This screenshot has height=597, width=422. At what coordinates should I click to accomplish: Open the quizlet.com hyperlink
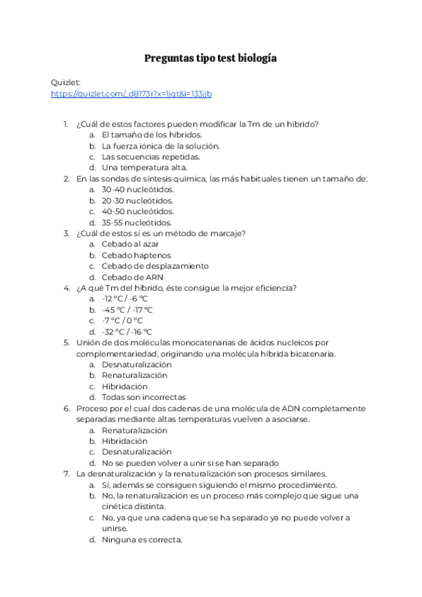(132, 94)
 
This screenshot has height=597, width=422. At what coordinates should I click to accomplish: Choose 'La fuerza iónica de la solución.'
(160, 146)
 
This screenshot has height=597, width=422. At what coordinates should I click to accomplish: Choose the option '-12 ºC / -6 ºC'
(124, 298)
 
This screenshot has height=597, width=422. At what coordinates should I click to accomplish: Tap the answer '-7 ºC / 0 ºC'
(122, 320)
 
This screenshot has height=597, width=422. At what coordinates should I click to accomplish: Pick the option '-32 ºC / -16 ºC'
(127, 332)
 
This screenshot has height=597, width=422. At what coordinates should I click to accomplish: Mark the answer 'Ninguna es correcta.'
(141, 540)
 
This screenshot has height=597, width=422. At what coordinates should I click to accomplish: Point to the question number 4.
(66, 288)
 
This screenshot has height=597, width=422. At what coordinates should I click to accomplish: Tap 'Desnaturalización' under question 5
(136, 365)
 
